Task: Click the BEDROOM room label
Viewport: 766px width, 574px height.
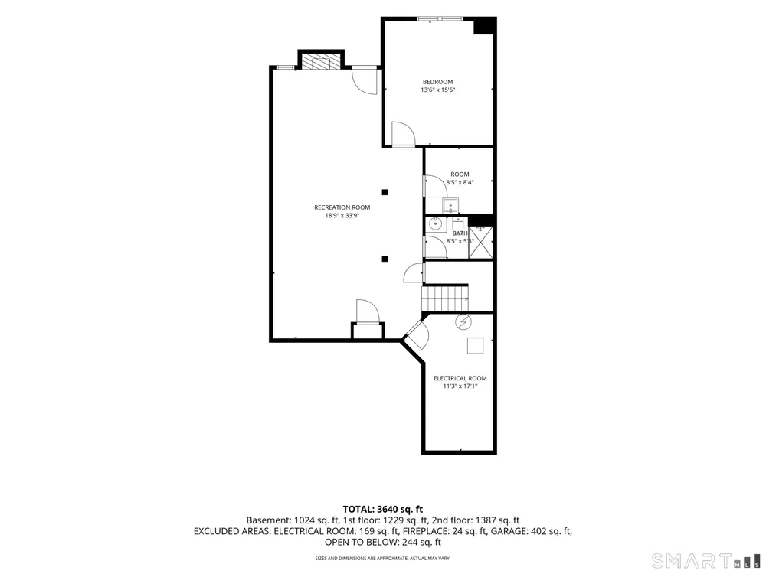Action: point(437,82)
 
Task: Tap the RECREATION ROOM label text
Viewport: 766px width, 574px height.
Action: point(342,207)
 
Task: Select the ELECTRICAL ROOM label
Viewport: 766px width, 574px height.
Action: point(460,378)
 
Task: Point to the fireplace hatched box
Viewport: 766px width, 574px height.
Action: point(321,61)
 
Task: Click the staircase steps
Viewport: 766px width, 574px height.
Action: point(445,298)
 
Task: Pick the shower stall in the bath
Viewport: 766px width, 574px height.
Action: point(481,243)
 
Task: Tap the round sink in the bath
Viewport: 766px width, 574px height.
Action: point(435,224)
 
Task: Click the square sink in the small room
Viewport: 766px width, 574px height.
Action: point(450,205)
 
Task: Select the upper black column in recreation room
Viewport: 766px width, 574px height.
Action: point(385,192)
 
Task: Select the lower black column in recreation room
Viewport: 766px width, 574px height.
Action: point(385,259)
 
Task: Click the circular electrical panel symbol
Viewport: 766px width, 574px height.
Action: point(463,322)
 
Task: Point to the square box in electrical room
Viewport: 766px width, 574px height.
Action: point(476,346)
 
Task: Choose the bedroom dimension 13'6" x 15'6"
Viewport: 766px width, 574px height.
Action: point(438,90)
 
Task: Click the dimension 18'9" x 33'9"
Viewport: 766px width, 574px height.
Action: point(342,215)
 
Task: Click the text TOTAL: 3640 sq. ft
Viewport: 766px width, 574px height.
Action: point(382,510)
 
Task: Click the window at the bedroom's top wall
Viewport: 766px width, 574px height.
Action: point(440,19)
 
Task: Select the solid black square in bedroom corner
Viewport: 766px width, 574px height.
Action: point(485,26)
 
